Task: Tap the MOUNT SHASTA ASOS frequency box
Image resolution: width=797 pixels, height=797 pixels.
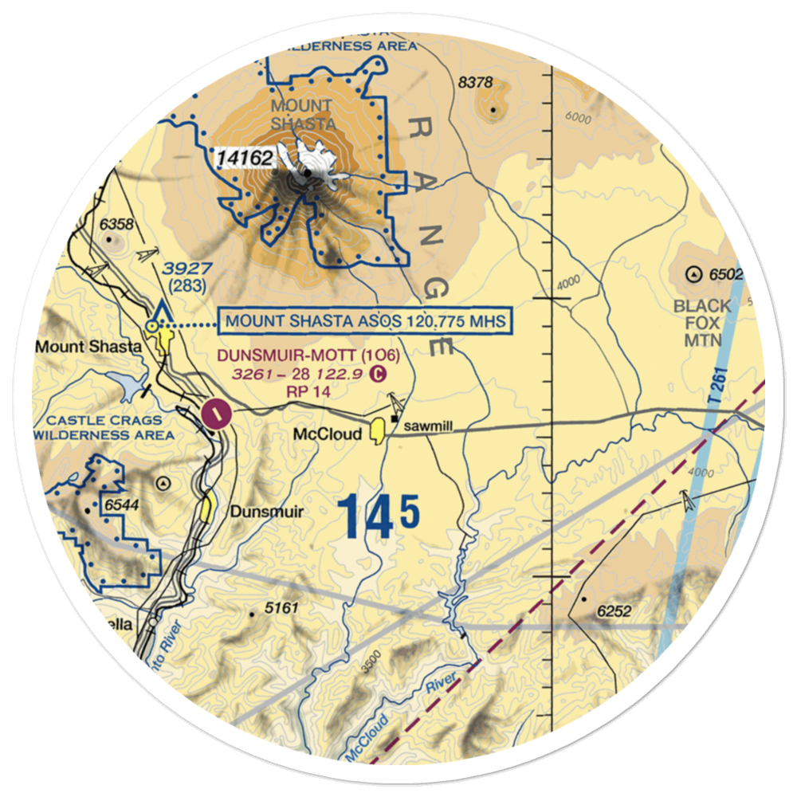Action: (366, 321)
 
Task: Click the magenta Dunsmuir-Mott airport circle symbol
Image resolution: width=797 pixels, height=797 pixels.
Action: (216, 413)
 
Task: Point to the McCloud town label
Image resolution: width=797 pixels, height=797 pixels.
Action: (328, 434)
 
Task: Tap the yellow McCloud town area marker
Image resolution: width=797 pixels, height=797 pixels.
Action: (377, 431)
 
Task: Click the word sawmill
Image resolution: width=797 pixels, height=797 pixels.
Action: (428, 428)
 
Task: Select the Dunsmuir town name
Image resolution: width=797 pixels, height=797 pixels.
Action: (267, 512)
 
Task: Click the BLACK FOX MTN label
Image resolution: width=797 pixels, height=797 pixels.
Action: (701, 323)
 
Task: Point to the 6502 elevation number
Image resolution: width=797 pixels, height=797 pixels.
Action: (725, 275)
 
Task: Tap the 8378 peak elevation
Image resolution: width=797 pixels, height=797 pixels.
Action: (477, 82)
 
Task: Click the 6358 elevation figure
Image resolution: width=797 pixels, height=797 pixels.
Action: (116, 225)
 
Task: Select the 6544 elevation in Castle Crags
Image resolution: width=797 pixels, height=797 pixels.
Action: (121, 505)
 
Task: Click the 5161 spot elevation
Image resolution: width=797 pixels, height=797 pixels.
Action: (281, 609)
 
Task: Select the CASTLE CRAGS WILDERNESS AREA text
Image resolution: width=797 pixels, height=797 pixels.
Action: (104, 428)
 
